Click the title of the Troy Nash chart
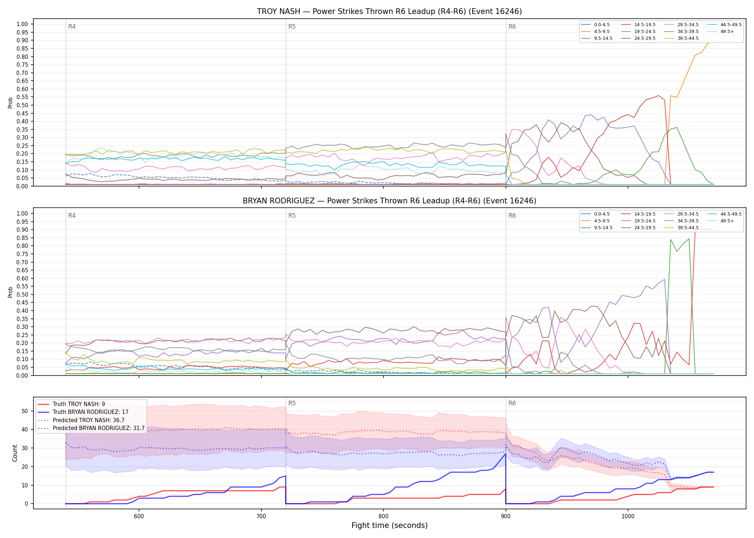tap(389, 11)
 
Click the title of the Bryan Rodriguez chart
tap(389, 201)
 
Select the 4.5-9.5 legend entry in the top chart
tap(596, 32)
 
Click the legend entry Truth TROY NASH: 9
tap(71, 404)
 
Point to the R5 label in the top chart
tap(292, 27)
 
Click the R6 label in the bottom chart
tap(512, 403)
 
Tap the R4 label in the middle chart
tap(72, 216)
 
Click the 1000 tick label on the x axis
tap(628, 516)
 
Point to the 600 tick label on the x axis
tap(139, 516)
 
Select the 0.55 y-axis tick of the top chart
tap(22, 97)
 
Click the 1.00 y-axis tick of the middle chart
tap(22, 214)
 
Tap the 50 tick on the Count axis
tap(25, 411)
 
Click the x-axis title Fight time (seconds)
tap(390, 526)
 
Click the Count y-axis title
tap(15, 453)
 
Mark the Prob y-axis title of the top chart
tap(10, 103)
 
